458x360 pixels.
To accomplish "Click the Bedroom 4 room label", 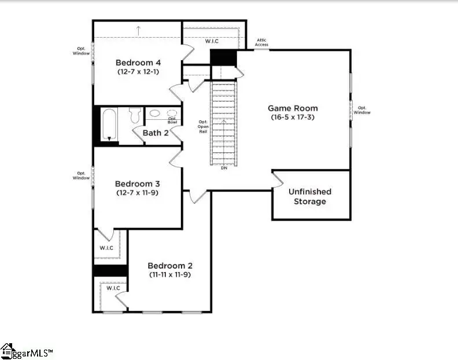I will tap(138, 63).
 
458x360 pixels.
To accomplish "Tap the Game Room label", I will tap(293, 108).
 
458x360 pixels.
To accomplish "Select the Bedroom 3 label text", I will tap(138, 183).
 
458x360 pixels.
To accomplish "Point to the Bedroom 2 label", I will tap(169, 265).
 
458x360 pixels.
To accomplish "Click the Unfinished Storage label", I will tap(310, 196).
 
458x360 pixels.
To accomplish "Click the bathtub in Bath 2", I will tap(109, 125).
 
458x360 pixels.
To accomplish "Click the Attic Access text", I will tap(263, 42).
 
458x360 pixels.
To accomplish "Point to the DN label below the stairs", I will tap(224, 168).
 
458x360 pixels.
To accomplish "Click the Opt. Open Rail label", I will tap(203, 127).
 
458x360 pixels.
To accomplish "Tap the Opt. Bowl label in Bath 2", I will tap(172, 120).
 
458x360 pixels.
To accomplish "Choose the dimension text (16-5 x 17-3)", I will tap(293, 117).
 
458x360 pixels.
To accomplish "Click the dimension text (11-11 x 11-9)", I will tap(169, 274).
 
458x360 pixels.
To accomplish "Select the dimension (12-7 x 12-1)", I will tap(138, 72).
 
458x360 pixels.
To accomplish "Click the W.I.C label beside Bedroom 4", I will tap(212, 42).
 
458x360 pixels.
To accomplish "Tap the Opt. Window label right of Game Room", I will tap(363, 110).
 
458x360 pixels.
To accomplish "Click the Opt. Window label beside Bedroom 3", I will tap(82, 175).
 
